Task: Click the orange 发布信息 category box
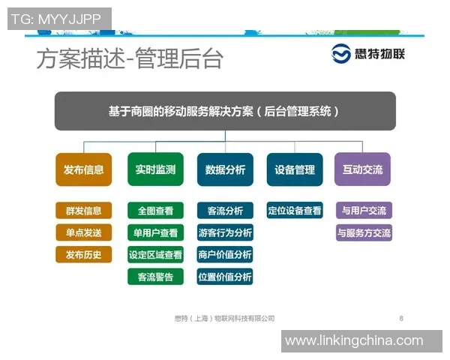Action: click(x=83, y=169)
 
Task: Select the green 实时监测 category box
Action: click(x=155, y=169)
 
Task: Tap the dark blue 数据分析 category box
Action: click(x=225, y=169)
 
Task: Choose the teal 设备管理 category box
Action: click(x=295, y=169)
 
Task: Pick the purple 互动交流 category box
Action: click(x=364, y=169)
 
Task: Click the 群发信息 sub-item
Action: click(x=83, y=211)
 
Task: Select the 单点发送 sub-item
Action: click(x=83, y=232)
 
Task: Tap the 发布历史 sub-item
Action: click(x=83, y=255)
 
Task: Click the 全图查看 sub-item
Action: click(x=155, y=211)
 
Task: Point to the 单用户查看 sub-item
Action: click(x=155, y=232)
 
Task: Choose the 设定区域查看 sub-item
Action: click(x=155, y=255)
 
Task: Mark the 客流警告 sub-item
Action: click(x=155, y=277)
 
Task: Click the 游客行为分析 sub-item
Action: click(x=225, y=232)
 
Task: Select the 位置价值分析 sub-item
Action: click(x=225, y=277)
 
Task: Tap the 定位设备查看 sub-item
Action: click(x=295, y=211)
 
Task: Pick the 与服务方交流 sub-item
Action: click(x=364, y=232)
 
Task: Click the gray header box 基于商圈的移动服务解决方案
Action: click(x=225, y=111)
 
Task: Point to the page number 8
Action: click(x=401, y=319)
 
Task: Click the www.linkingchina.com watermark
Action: click(x=354, y=340)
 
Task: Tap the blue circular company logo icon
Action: click(x=343, y=55)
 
